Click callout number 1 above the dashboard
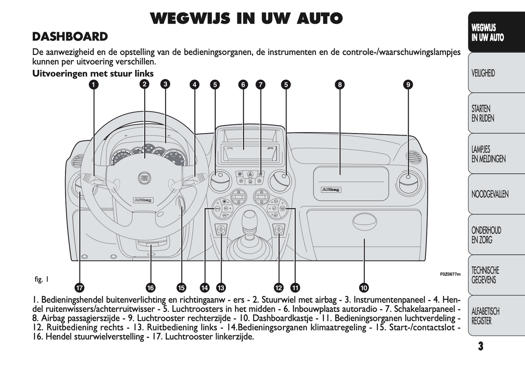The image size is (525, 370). click(94, 85)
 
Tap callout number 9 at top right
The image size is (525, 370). click(408, 85)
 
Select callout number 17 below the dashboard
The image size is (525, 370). click(79, 288)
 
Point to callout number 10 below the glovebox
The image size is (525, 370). click(364, 288)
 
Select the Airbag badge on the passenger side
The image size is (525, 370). click(331, 189)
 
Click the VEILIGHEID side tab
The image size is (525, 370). click(483, 73)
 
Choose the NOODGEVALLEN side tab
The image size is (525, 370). click(490, 194)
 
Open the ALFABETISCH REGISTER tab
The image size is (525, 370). click(485, 316)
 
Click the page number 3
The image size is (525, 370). click(481, 346)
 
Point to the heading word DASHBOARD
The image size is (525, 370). click(70, 37)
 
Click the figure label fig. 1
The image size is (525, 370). click(41, 279)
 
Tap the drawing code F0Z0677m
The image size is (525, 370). click(450, 274)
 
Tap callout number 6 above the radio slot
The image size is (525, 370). click(243, 85)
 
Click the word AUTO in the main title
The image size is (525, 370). click(319, 19)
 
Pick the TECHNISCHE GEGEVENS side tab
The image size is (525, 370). click(485, 275)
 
